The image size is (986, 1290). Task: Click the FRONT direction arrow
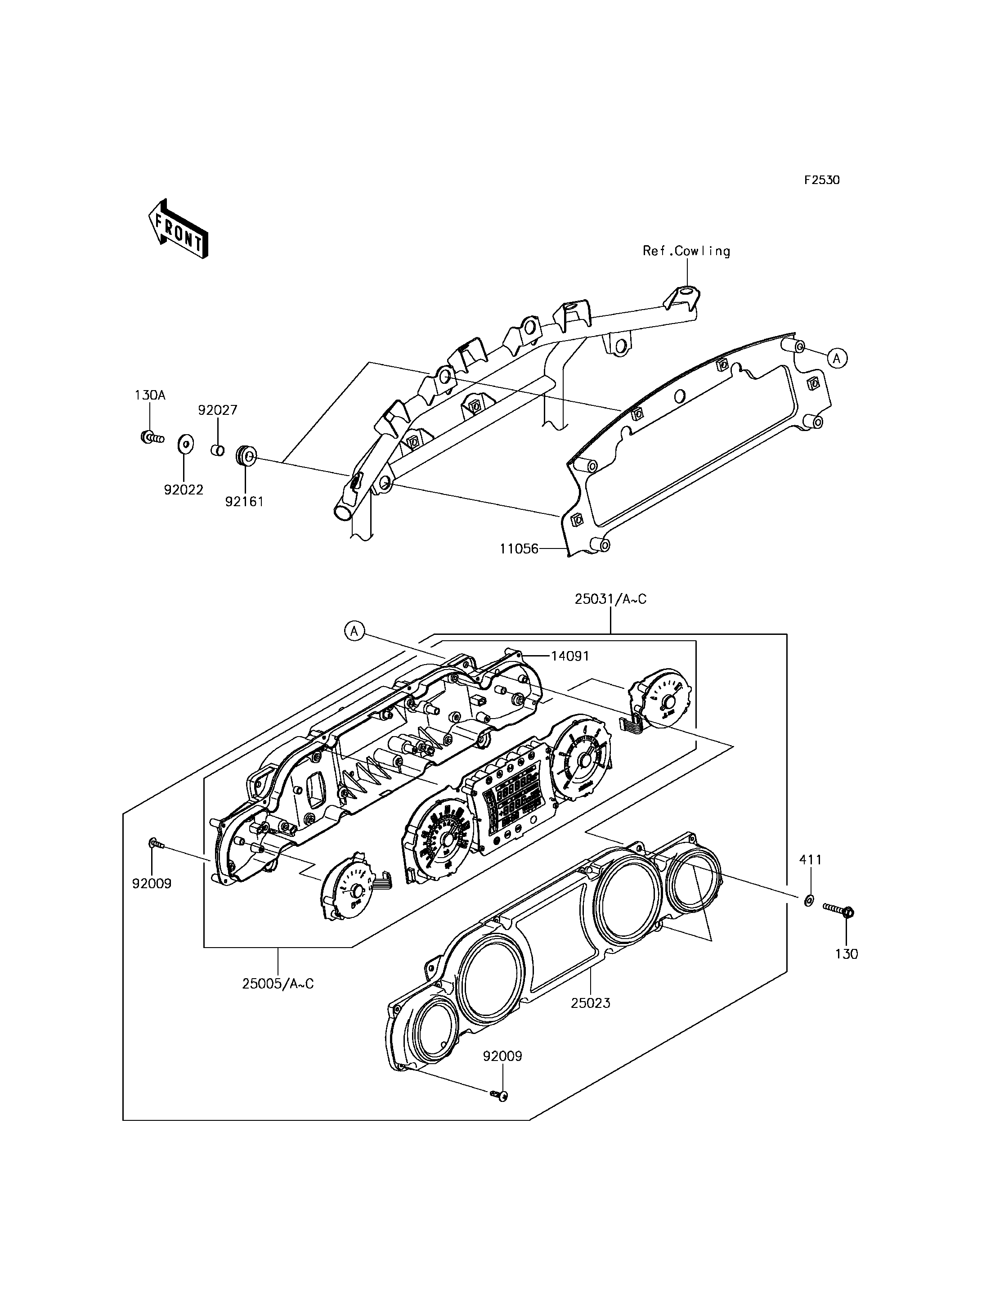coord(178,229)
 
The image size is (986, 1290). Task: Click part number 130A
coord(150,395)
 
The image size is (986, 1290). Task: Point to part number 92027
coord(217,410)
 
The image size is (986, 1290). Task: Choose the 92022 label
coord(184,489)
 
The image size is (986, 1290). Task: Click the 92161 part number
coord(244,501)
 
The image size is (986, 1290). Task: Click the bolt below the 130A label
coord(152,437)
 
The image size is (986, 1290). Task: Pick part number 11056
coord(519,549)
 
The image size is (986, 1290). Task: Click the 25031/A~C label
coord(610,599)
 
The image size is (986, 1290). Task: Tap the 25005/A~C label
coord(278,983)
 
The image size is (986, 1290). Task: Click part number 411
coord(811,859)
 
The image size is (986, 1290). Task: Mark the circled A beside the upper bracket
coord(838,358)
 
